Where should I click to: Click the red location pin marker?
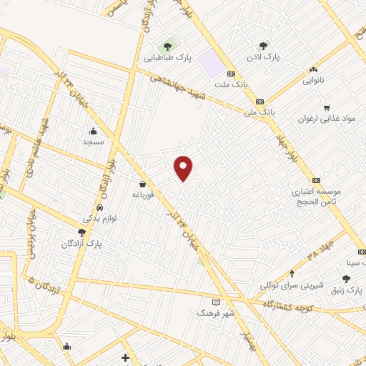pyautogui.click(x=184, y=167)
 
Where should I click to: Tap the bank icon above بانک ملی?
pyautogui.click(x=259, y=102)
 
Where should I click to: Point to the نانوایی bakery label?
pyautogui.click(x=313, y=80)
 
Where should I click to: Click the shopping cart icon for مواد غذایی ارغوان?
pyautogui.click(x=327, y=108)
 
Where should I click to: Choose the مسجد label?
pyautogui.click(x=93, y=142)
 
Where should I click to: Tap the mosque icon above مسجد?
pyautogui.click(x=93, y=131)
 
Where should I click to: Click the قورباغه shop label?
pyautogui.click(x=143, y=194)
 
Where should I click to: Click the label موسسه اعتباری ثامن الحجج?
pyautogui.click(x=317, y=197)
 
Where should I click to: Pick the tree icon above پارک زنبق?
pyautogui.click(x=346, y=279)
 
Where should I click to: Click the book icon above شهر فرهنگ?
pyautogui.click(x=217, y=302)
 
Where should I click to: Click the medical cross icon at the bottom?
pyautogui.click(x=126, y=357)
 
